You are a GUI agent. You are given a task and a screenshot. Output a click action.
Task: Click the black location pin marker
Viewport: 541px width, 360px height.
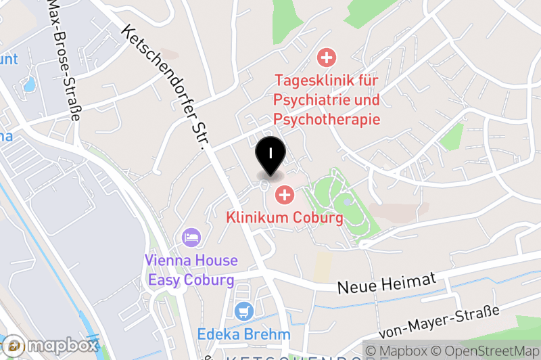pos(270,152)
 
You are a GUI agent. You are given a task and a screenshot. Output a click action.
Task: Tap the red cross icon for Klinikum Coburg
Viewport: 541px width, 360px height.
pos(284,196)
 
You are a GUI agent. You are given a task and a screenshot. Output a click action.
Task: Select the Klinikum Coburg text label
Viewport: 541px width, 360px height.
pos(284,218)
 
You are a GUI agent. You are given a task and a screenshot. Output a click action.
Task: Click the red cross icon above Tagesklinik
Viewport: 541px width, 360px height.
pos(327,58)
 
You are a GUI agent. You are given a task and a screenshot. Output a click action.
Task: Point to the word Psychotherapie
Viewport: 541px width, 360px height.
pos(327,119)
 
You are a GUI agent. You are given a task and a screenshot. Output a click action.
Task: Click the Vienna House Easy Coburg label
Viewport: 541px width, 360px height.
pos(191,270)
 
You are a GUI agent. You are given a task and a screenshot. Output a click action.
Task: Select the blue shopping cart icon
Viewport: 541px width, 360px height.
pos(243,311)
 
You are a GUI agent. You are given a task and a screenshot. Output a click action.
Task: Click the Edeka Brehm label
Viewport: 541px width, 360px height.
pos(243,334)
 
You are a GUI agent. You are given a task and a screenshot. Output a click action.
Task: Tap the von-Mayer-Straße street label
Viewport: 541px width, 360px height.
pos(439,321)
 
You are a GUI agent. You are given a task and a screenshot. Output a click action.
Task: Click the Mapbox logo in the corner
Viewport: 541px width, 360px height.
pos(50,345)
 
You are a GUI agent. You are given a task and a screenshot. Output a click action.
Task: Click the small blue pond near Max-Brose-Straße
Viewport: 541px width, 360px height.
pos(29,85)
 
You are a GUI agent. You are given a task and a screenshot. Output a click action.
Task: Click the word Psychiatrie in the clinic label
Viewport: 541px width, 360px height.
pos(308,100)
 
